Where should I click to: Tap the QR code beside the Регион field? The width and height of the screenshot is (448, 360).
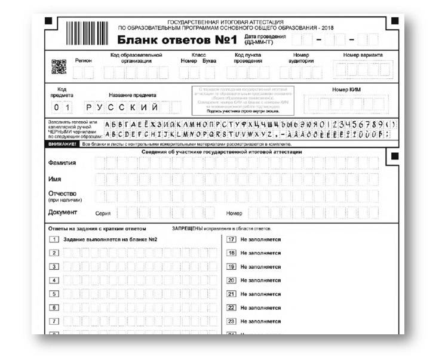[59, 67]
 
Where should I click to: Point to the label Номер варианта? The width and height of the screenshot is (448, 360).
[363, 55]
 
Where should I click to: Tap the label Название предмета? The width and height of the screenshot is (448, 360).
[132, 95]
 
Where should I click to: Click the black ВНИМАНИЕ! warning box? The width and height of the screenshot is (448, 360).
[62, 144]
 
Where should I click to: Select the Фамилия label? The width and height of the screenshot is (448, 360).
[62, 163]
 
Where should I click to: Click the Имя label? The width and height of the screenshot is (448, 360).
[54, 179]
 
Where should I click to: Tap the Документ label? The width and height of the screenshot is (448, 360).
[63, 212]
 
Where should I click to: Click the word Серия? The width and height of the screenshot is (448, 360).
[103, 213]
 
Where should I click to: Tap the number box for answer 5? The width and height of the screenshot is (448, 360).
[54, 294]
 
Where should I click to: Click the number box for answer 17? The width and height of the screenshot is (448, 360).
[232, 239]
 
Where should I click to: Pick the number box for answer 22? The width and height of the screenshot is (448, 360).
[232, 307]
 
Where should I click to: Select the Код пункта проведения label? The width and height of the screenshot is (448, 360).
[248, 58]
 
